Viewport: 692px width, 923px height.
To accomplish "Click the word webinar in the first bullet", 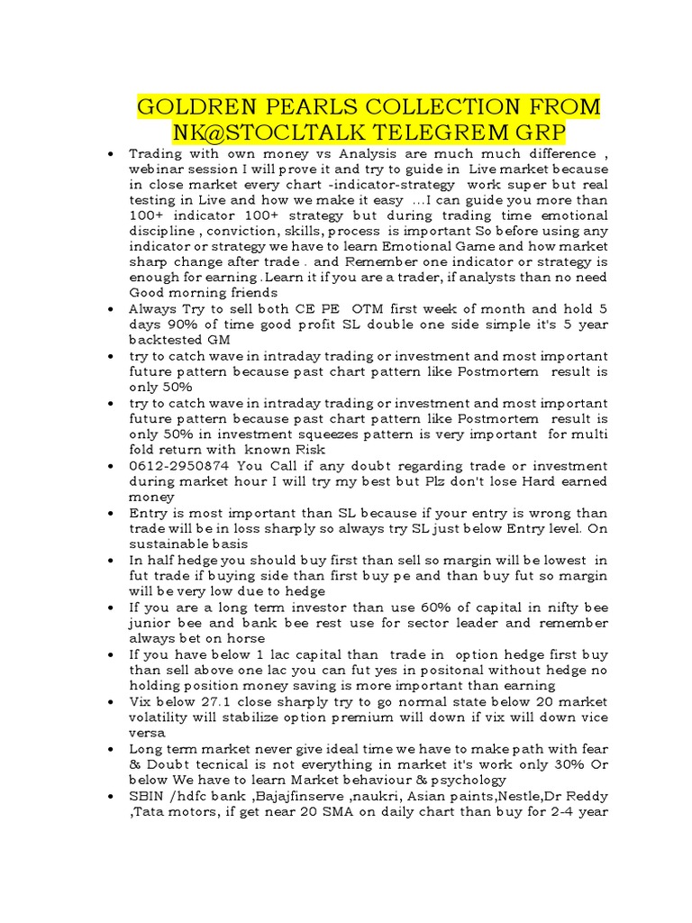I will coord(159,169).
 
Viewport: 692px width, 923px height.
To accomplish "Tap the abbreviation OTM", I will coord(369,308).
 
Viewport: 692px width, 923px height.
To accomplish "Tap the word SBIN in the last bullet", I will coord(148,796).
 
